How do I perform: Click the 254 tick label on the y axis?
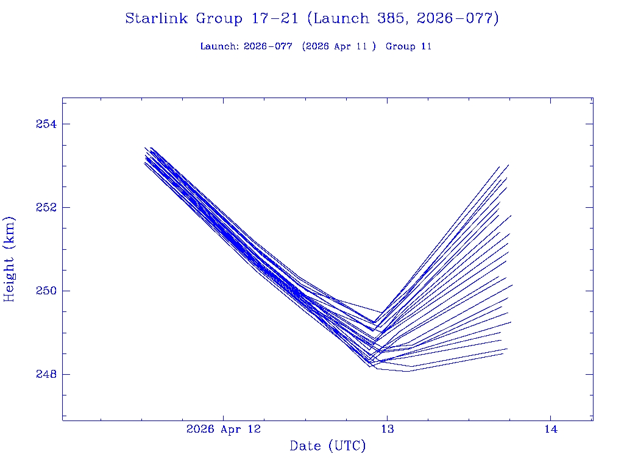click(46, 124)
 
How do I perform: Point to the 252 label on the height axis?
click(46, 207)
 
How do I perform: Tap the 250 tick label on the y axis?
click(46, 291)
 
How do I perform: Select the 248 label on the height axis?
click(46, 374)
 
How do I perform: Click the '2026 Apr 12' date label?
click(224, 429)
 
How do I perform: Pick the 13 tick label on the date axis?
click(387, 429)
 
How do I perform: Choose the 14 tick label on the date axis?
click(550, 429)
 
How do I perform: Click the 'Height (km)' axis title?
click(9, 258)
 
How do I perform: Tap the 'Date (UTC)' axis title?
click(328, 447)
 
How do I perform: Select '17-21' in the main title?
click(274, 19)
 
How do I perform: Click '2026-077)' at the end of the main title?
click(458, 19)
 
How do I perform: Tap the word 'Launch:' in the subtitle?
click(219, 46)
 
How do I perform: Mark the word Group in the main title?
click(219, 19)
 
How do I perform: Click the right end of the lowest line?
click(503, 353)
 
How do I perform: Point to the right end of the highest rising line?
click(508, 165)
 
